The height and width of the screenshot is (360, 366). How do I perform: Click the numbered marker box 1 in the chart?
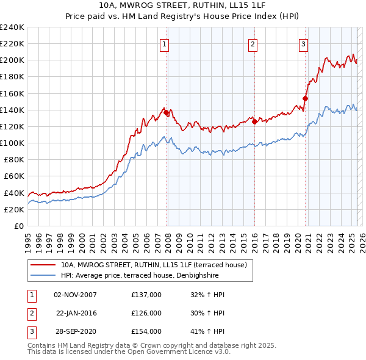pos(165,43)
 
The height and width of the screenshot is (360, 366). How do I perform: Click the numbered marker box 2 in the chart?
pos(253,43)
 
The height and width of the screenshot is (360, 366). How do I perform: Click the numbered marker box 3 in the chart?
pos(303,43)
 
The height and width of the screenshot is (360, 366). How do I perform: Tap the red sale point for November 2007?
pos(166,112)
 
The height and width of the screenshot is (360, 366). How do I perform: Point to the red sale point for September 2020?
pos(306,98)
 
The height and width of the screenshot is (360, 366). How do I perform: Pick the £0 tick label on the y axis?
pos(19,226)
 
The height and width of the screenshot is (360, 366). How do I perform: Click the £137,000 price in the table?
pos(146,295)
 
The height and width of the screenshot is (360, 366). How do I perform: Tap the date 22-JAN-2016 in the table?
pos(76,313)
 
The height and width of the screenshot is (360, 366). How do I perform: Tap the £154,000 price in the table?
pos(146,331)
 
